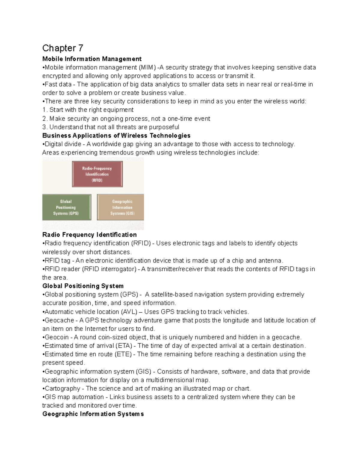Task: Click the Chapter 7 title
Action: tap(63, 48)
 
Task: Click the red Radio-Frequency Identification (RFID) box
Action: tap(97, 174)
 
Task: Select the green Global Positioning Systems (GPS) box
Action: tap(66, 207)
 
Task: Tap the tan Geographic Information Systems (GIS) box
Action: tap(121, 207)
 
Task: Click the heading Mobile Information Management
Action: tap(92, 59)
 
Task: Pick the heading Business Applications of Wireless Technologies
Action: tap(116, 136)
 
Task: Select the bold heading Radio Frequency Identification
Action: tap(89, 235)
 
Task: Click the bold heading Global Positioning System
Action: tap(83, 286)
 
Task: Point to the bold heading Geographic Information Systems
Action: tap(93, 414)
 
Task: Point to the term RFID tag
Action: tap(57, 260)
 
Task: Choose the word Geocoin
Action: tap(57, 337)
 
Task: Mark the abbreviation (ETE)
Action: tap(124, 354)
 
